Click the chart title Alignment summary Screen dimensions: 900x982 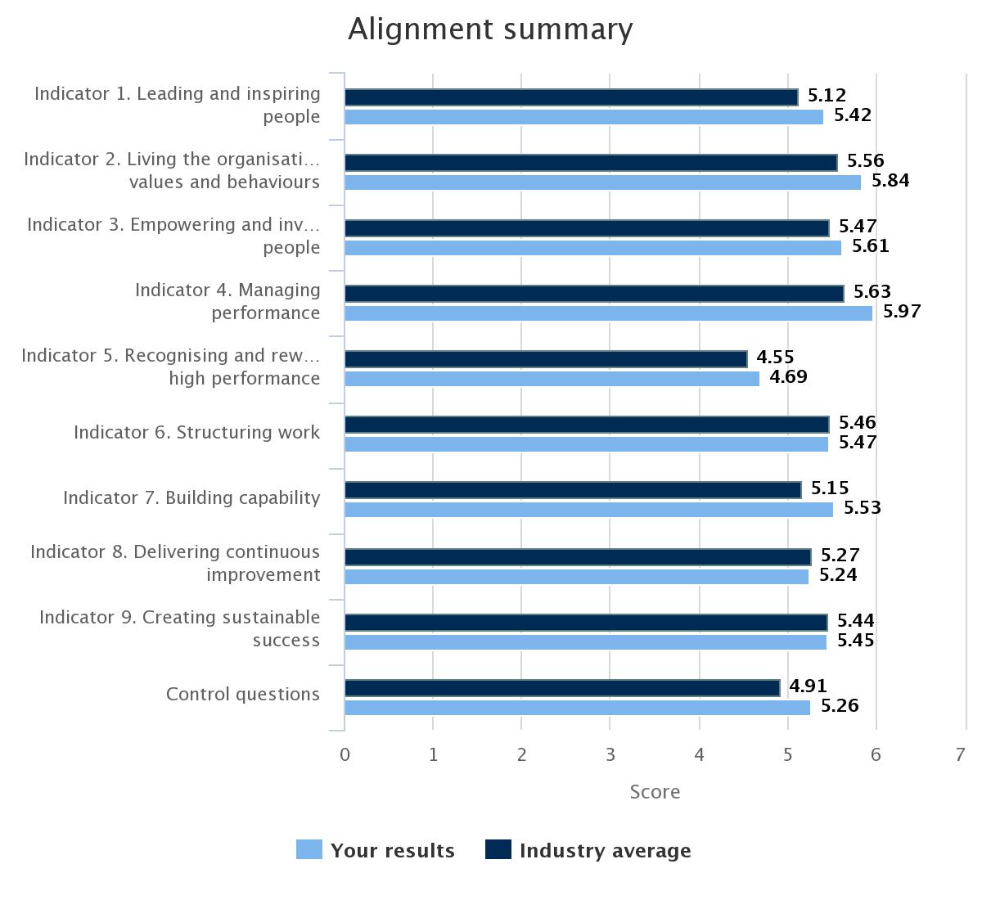[490, 29]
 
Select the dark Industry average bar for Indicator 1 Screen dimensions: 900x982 [570, 97]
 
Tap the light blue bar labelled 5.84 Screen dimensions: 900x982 [602, 182]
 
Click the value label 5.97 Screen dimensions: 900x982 [902, 312]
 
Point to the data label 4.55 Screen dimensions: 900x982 [775, 358]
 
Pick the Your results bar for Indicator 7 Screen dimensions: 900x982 [588, 509]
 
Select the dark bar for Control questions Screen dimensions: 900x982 [561, 688]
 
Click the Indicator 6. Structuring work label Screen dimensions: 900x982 [196, 432]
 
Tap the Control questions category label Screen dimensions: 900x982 [242, 694]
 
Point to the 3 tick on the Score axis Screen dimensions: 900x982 [610, 754]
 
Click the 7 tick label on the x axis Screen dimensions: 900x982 [961, 754]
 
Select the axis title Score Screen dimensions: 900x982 [654, 792]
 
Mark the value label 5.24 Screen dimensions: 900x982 [838, 575]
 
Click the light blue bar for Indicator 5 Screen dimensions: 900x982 [552, 378]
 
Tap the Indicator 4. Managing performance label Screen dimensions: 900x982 [227, 301]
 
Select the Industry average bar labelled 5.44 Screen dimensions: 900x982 [585, 623]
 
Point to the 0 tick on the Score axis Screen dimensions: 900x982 [345, 754]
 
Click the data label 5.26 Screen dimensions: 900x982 [840, 706]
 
